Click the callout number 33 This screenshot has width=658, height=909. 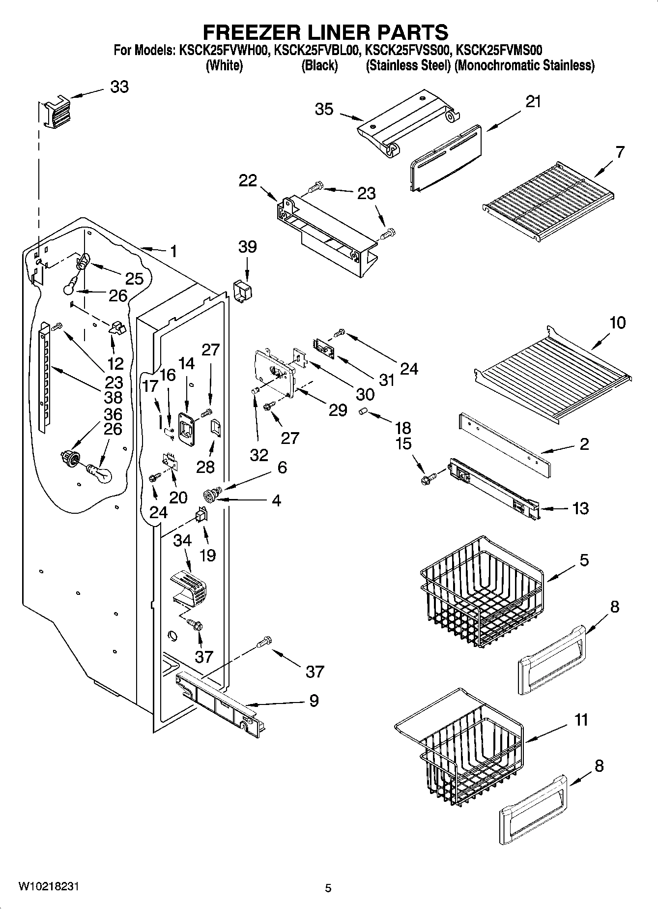pyautogui.click(x=119, y=87)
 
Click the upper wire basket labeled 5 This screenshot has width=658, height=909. pyautogui.click(x=482, y=592)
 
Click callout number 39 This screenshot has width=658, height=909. pyautogui.click(x=247, y=247)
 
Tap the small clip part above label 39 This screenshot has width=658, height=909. pyautogui.click(x=242, y=291)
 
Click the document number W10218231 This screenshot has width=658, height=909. pyautogui.click(x=48, y=886)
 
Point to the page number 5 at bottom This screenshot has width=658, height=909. pyautogui.click(x=328, y=888)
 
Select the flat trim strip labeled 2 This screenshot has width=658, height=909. pyautogui.click(x=505, y=444)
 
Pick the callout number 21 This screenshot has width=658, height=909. pyautogui.click(x=533, y=102)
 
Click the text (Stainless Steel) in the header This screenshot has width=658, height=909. pyautogui.click(x=408, y=65)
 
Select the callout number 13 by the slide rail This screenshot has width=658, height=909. pyautogui.click(x=580, y=508)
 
